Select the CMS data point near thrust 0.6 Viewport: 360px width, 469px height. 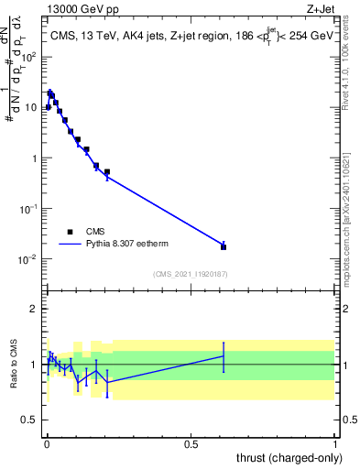coord(224,246)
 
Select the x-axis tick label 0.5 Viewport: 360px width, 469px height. coord(191,443)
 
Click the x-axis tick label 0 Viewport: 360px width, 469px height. coord(46,443)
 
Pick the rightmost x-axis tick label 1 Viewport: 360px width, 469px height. coord(335,443)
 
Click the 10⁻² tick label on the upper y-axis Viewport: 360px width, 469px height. coord(27,259)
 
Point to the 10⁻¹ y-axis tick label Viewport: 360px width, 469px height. coord(27,209)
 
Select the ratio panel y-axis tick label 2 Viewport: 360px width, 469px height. coord(34,309)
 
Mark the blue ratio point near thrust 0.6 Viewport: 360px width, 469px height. coord(224,356)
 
